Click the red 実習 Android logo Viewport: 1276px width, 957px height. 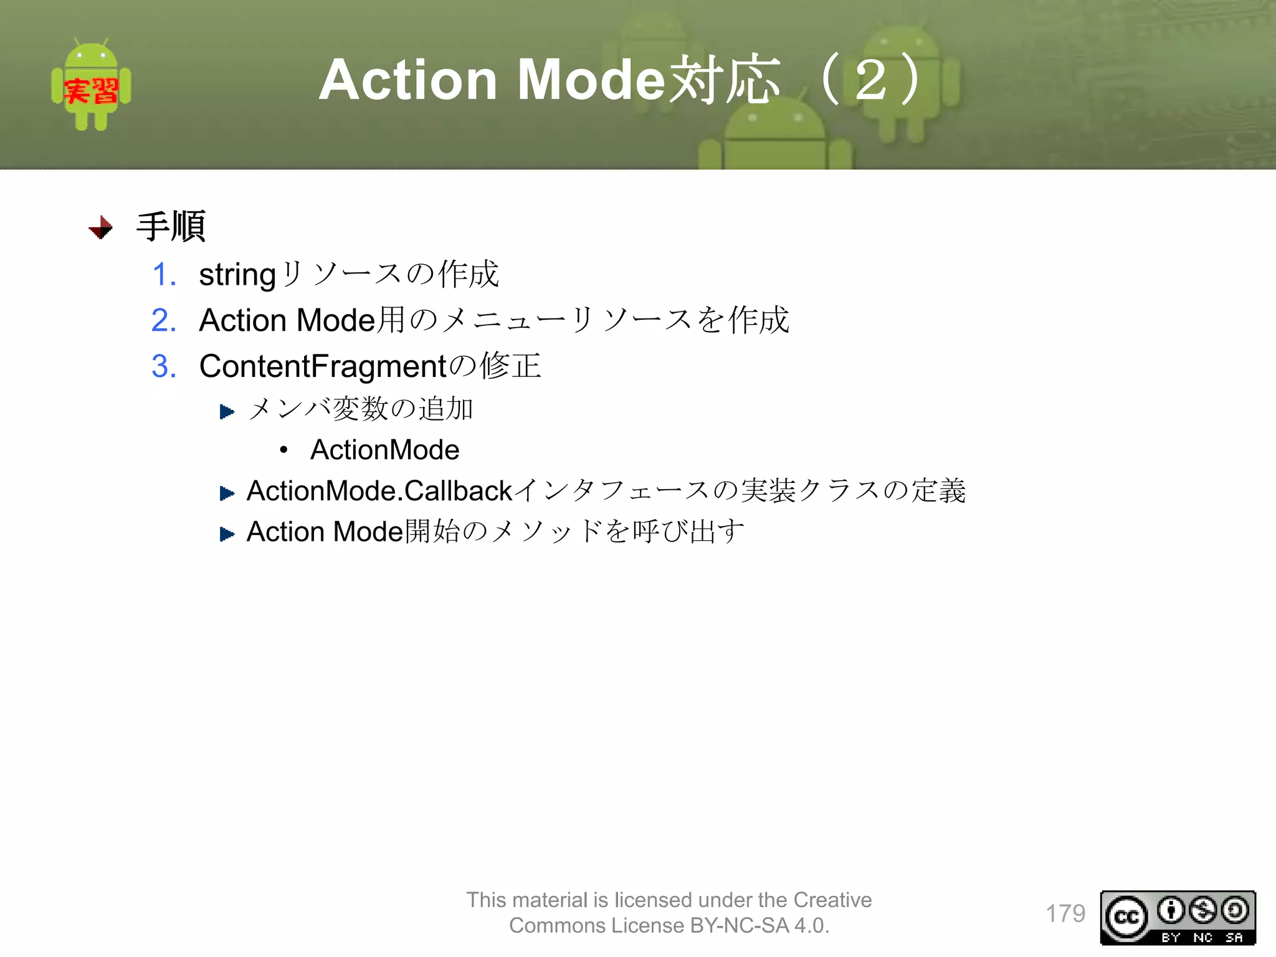(91, 86)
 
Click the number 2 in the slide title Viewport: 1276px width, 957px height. (870, 80)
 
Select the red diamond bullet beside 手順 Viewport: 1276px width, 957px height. (101, 227)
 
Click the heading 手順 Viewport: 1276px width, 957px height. (171, 226)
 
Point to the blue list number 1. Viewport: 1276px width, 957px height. (164, 275)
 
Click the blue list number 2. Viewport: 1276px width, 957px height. (164, 320)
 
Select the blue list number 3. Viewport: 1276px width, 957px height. (164, 366)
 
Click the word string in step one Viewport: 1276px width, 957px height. (237, 275)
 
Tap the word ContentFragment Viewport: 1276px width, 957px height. (323, 366)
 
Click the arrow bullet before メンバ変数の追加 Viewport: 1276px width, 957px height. (227, 411)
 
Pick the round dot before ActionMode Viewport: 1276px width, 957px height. (284, 449)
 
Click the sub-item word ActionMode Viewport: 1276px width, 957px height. (384, 450)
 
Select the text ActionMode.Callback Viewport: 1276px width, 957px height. (379, 491)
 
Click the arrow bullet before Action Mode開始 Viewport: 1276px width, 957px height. (227, 534)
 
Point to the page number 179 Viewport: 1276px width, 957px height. (1065, 913)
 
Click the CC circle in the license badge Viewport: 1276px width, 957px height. (1126, 917)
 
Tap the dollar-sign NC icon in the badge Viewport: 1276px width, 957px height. (1202, 910)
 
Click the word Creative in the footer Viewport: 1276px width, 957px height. (832, 900)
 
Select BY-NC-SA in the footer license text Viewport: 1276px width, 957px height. (740, 926)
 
